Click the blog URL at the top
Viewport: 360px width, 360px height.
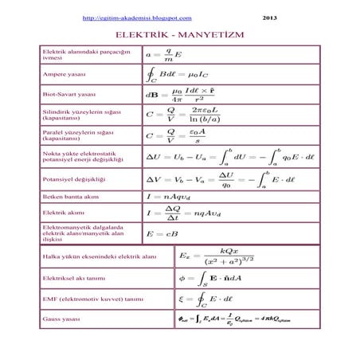[137, 17]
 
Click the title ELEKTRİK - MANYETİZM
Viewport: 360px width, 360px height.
[180, 36]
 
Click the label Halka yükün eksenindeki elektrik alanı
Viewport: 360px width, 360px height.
[96, 256]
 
